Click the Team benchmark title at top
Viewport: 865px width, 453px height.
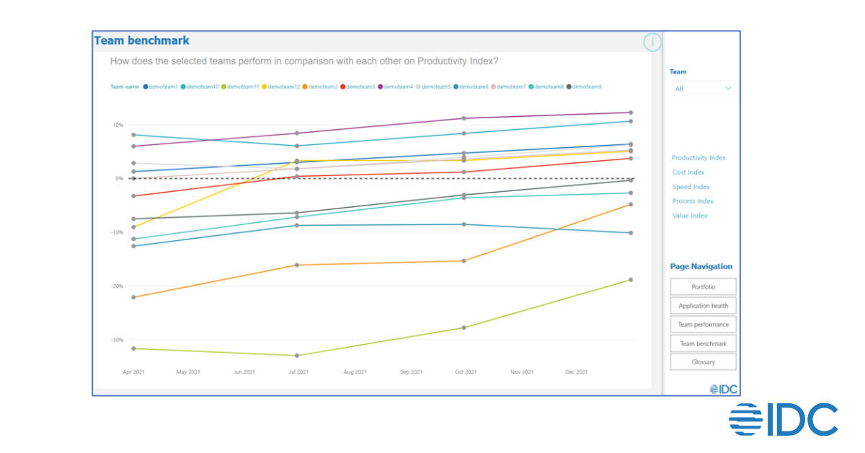point(142,41)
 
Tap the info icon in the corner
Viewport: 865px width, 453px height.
point(652,43)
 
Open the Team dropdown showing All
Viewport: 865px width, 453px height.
point(703,89)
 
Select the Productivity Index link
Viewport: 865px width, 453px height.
point(698,158)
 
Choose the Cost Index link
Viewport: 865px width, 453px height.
point(688,172)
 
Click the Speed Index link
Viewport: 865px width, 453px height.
point(691,187)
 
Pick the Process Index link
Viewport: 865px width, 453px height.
point(693,201)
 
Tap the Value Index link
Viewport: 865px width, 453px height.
point(690,216)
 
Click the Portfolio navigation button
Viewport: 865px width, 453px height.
point(703,287)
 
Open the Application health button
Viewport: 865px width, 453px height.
point(703,306)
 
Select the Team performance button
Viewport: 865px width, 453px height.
point(703,325)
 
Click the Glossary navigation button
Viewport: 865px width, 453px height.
point(703,362)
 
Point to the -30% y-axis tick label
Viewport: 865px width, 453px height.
point(116,340)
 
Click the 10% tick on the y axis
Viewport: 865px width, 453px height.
point(117,126)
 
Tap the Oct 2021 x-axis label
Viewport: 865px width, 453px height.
point(466,372)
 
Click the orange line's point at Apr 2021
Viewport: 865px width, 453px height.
point(133,297)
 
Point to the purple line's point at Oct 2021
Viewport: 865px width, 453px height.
point(464,118)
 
